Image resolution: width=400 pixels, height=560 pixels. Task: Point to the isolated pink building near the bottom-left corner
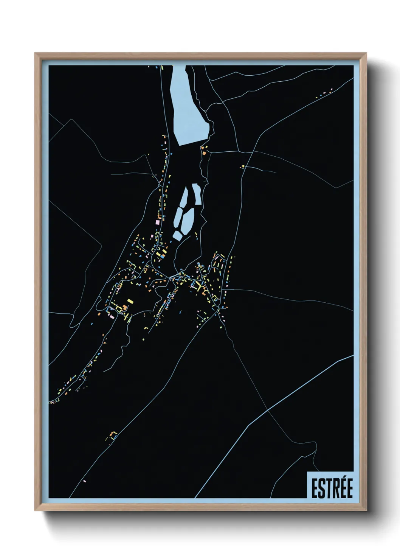(x=84, y=481)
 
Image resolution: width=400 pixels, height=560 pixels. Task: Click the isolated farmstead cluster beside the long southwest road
(x=112, y=435)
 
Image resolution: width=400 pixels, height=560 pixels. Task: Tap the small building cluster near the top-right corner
(x=324, y=93)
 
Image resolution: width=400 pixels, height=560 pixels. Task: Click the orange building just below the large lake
(x=205, y=153)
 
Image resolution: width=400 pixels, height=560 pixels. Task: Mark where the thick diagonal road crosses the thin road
(x=268, y=410)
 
